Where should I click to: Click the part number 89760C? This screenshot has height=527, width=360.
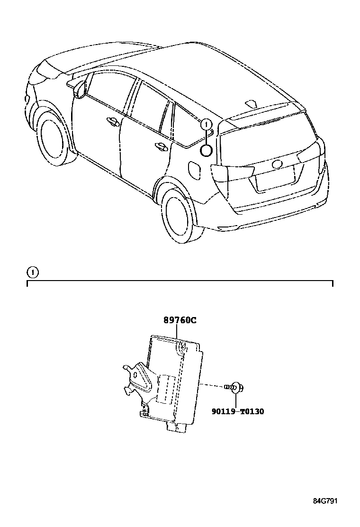tap(180, 320)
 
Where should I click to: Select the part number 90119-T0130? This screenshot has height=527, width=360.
tap(238, 411)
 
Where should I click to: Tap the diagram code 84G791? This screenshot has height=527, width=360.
tap(324, 500)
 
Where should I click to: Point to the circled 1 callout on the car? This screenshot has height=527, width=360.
tap(205, 125)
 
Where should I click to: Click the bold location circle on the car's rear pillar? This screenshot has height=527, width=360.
tap(206, 151)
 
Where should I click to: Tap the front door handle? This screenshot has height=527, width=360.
tap(113, 122)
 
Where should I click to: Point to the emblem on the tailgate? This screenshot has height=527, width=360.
tap(277, 164)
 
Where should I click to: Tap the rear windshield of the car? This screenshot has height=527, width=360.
tap(265, 140)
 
